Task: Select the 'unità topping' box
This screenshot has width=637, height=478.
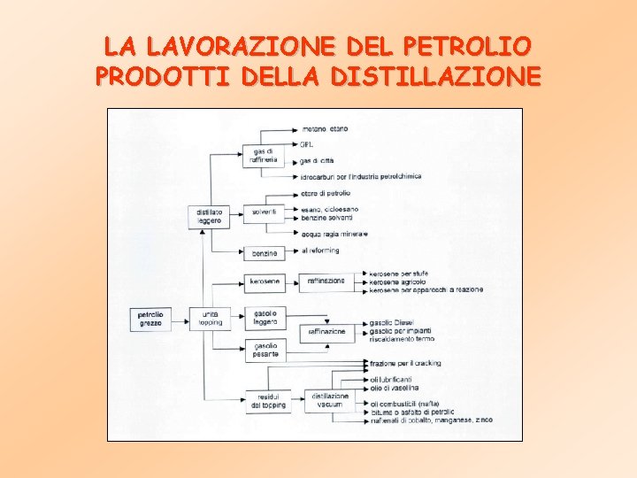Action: coord(210,318)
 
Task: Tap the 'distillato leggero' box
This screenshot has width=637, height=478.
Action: coord(210,216)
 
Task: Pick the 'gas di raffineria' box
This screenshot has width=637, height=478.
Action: coord(264,156)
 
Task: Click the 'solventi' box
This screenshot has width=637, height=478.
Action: coord(264,212)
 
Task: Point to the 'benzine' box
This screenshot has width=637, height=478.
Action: coord(264,253)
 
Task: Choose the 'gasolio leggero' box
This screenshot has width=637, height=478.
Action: coord(265,317)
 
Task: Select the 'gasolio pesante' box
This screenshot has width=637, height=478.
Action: coord(265,350)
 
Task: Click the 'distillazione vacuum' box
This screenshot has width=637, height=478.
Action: coord(329,400)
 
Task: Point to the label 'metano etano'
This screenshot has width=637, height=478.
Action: coord(324,128)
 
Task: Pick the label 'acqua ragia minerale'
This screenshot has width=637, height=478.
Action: coord(334,234)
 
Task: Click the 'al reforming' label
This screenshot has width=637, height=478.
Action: coord(320,251)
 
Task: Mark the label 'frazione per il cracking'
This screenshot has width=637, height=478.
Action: coord(405,363)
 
